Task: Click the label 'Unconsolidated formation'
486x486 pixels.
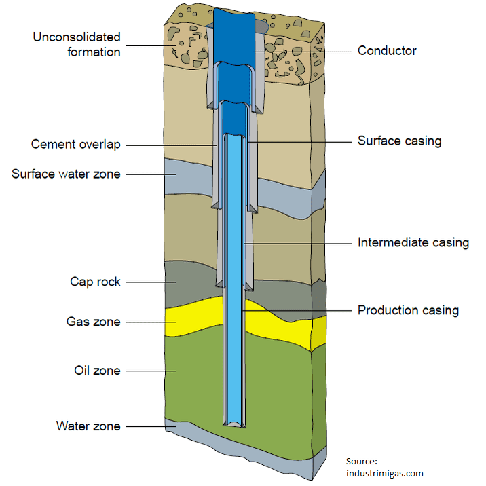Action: pos(77,44)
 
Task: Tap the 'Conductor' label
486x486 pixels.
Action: pos(387,51)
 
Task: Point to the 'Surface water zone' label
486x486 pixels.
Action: pos(66,174)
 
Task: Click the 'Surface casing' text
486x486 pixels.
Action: pos(400,141)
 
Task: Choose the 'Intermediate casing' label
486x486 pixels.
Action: pos(413,242)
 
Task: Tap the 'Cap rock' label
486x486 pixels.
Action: pos(95,281)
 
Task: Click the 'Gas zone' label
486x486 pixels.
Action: pos(94,321)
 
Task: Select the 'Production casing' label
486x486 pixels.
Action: pos(409,310)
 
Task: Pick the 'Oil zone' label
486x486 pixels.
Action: pos(97,371)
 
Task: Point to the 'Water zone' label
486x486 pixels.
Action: pos(88,426)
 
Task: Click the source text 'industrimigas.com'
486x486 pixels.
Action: pos(384,473)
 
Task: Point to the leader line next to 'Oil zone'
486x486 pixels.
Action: pos(149,371)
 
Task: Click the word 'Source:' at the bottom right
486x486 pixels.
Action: pos(362,461)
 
